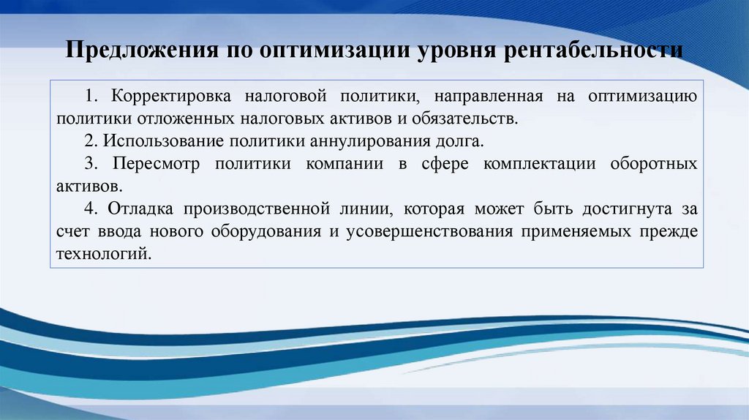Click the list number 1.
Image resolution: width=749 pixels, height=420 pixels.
pos(89,96)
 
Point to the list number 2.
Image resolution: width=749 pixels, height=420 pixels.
pos(89,140)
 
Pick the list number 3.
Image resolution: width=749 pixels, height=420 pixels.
pos(89,163)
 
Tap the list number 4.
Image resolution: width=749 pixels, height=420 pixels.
pos(89,209)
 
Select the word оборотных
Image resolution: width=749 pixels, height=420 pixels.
pos(653,163)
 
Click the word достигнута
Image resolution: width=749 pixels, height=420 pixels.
pos(628,209)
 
